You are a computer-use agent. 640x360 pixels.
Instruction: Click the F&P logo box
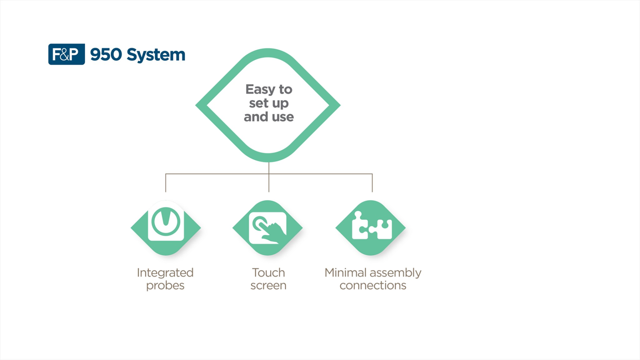(x=66, y=55)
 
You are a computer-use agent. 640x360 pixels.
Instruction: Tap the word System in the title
(x=156, y=55)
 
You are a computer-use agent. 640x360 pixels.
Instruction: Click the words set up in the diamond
(x=269, y=104)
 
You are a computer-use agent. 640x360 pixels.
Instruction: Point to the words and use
(x=269, y=117)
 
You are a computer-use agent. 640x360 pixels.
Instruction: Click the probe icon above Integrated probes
(x=166, y=221)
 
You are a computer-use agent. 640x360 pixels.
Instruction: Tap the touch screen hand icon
(x=268, y=228)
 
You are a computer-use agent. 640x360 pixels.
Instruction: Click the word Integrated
(x=165, y=272)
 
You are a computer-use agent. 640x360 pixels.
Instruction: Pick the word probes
(x=165, y=285)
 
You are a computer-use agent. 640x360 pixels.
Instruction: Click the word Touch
(x=268, y=272)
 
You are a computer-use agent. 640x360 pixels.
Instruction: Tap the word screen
(x=268, y=285)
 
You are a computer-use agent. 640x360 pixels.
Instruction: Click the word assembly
(x=396, y=273)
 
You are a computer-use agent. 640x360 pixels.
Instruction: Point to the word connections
(x=373, y=285)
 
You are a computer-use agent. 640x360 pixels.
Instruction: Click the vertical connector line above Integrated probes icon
(x=166, y=183)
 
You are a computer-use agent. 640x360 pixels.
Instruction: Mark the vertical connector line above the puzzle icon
(x=372, y=183)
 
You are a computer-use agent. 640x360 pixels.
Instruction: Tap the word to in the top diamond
(x=285, y=89)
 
